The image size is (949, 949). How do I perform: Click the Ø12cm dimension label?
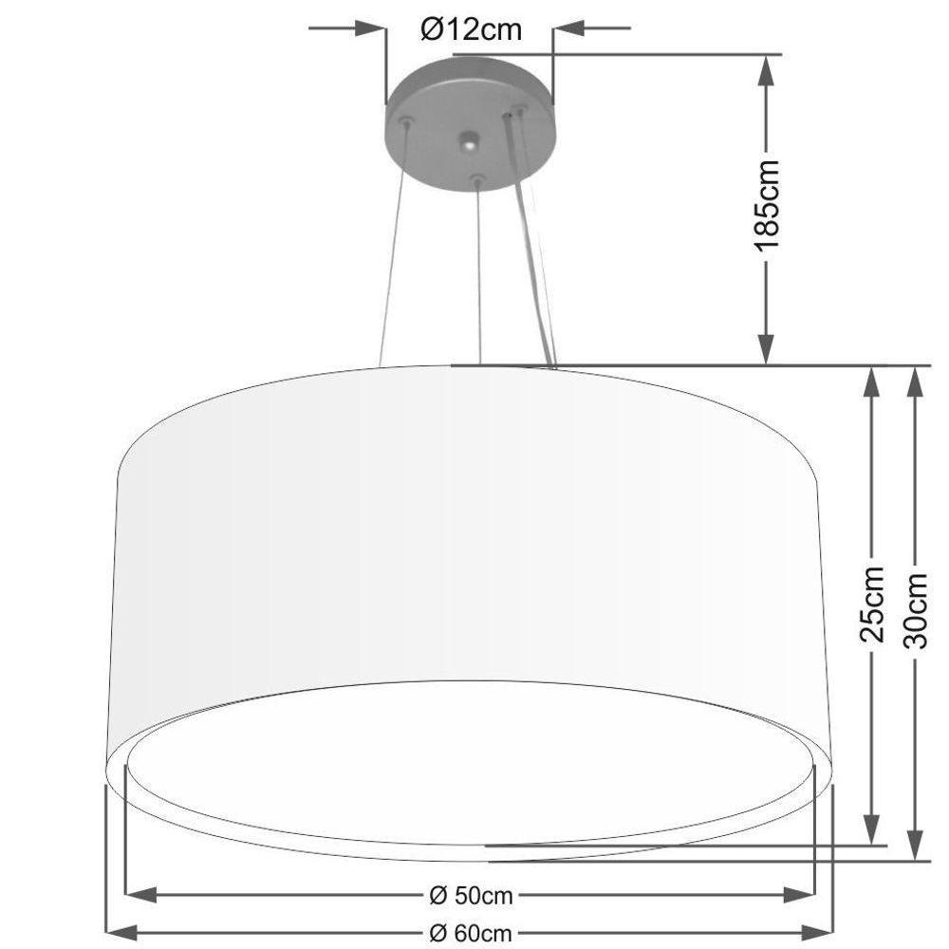(471, 29)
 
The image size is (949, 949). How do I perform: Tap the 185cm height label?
(766, 206)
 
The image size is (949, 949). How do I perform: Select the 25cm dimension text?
(872, 604)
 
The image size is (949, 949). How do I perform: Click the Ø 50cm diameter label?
(471, 895)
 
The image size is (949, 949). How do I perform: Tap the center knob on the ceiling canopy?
(468, 143)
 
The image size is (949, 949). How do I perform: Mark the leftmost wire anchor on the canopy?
(406, 122)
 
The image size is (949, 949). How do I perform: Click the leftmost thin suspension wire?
(394, 247)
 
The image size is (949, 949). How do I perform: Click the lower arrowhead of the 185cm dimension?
(766, 351)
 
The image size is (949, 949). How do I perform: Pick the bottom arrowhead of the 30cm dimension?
(915, 847)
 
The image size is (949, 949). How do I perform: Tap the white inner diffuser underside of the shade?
(470, 759)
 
